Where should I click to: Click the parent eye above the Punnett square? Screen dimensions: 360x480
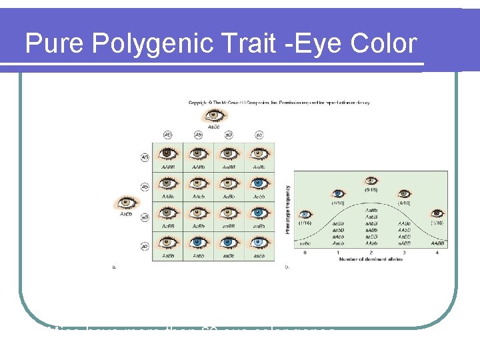point(214,117)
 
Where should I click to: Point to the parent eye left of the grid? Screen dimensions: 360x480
point(125,203)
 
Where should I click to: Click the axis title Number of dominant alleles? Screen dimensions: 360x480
point(371,260)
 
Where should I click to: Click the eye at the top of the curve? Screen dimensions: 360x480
point(371,181)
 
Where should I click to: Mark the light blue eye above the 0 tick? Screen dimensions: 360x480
point(305,215)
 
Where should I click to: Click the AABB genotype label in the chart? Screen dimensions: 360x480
point(438,244)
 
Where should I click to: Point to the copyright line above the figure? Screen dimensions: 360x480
point(280,103)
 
